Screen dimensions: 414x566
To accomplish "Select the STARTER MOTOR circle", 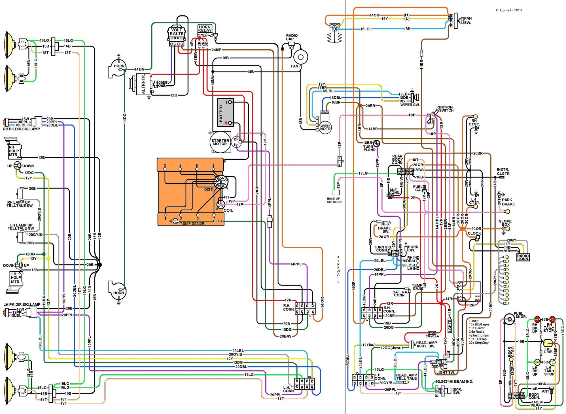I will (x=220, y=142).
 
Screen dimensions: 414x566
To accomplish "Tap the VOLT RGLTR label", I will (x=177, y=32).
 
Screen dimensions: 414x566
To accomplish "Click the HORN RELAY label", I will (x=205, y=29).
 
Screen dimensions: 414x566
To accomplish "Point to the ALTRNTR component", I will (x=143, y=84).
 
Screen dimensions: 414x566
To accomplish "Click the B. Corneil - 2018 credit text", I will (x=508, y=10).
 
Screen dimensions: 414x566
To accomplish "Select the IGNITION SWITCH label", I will (x=445, y=109).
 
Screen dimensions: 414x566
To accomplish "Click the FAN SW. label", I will (x=468, y=20).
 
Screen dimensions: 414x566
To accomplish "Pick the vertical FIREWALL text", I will (x=338, y=269).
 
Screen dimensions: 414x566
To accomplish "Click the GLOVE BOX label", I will (x=505, y=223).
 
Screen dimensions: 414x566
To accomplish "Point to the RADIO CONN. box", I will (x=523, y=257).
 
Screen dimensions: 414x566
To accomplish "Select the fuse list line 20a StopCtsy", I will (x=479, y=343).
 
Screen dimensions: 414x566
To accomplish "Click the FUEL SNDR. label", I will (x=520, y=315).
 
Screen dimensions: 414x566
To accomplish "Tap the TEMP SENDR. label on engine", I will (x=192, y=223).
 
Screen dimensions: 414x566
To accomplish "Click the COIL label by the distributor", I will (x=228, y=210).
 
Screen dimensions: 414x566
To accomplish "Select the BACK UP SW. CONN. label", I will (x=334, y=200).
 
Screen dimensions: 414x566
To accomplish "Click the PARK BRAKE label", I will (x=508, y=202).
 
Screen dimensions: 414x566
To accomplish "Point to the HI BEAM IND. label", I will (x=461, y=381).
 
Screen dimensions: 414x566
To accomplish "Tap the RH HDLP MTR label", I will (x=13, y=151).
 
